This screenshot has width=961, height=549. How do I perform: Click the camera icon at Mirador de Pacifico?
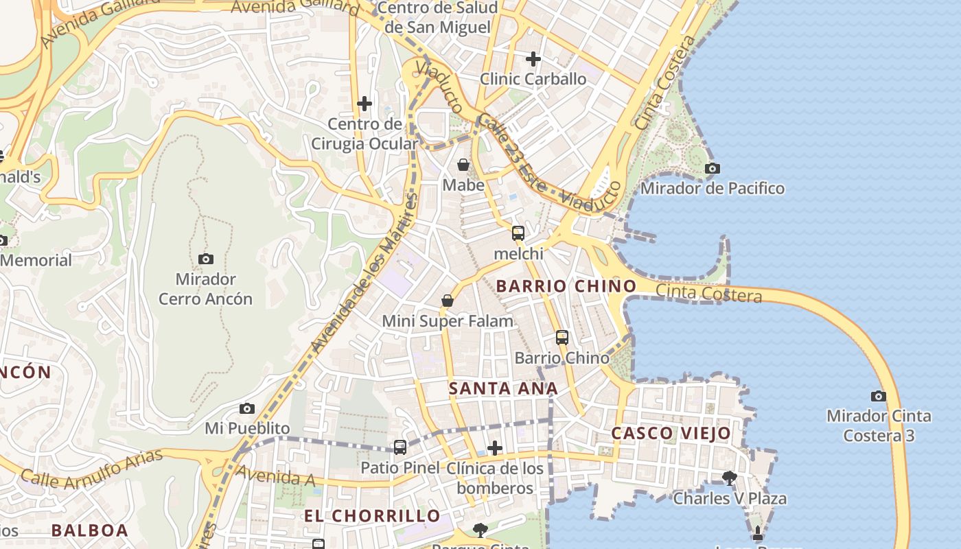[713, 168]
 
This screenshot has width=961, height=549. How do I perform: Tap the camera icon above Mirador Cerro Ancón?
[205, 259]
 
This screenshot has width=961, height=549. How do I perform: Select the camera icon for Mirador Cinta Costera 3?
[878, 396]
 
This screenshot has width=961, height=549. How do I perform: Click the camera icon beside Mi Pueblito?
[247, 408]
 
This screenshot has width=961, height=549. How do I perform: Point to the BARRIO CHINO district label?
[566, 285]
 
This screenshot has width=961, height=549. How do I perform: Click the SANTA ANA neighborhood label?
[503, 388]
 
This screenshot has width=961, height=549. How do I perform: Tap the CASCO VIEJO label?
[671, 433]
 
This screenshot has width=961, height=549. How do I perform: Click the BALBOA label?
[90, 530]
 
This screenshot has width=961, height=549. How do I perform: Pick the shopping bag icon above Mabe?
[463, 165]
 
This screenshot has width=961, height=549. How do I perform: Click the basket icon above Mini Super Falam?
[448, 301]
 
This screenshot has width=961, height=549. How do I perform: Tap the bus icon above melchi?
[518, 233]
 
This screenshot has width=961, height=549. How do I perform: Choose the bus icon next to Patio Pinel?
[400, 447]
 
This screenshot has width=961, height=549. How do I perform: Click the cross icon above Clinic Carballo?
[533, 59]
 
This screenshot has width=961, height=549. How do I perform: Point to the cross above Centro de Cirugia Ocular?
[364, 104]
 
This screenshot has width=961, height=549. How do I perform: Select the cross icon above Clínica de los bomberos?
[494, 448]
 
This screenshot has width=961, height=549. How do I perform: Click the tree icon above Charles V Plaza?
[729, 478]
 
